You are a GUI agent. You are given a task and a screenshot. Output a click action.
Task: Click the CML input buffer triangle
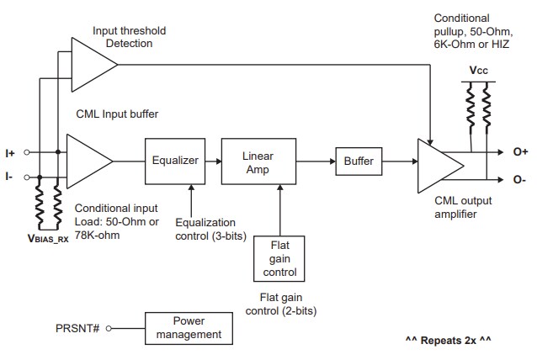tap(89, 161)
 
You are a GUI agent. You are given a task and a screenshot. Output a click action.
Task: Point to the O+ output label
tap(519, 152)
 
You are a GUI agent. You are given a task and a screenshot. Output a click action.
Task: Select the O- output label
tap(518, 179)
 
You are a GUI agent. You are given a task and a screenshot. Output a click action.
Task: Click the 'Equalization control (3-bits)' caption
tap(210, 229)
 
